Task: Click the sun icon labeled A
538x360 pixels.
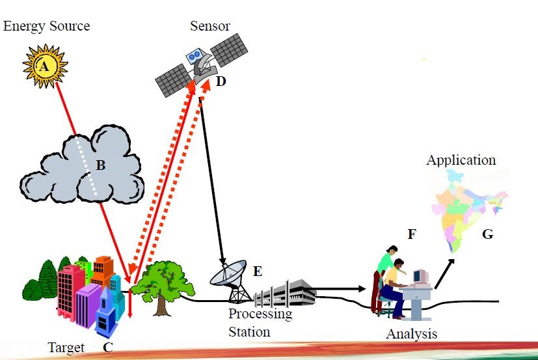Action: pos(44,65)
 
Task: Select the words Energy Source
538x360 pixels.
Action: pos(46,27)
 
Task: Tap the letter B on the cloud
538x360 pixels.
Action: pos(100,165)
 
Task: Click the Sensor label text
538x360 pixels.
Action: pos(210,27)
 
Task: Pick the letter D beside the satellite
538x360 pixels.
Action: pos(221,83)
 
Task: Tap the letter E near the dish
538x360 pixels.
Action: pos(258,271)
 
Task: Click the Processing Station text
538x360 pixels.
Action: pos(260,323)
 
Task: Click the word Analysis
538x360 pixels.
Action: pos(411,334)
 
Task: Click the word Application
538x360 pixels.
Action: pos(461,160)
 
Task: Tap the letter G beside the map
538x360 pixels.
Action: pos(487,235)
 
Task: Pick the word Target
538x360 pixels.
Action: pos(66,348)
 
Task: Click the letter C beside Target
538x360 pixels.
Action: pos(108,348)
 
